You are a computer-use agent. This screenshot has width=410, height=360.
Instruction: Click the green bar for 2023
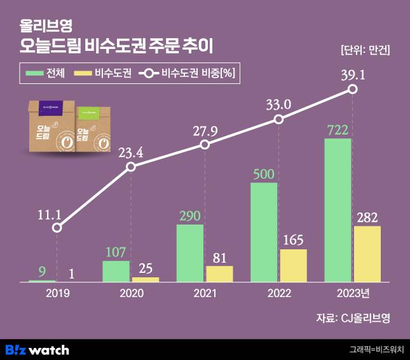point(338,210)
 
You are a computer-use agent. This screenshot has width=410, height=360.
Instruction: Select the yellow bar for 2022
point(293,265)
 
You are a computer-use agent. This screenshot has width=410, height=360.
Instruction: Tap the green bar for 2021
point(189,253)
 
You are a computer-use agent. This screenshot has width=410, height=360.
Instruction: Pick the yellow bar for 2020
point(146,279)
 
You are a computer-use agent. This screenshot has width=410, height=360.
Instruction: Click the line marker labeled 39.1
point(353,90)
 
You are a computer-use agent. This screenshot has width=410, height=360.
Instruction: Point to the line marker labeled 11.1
point(57,227)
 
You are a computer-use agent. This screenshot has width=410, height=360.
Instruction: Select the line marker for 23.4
point(131,167)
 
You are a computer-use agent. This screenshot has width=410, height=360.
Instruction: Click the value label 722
point(338,129)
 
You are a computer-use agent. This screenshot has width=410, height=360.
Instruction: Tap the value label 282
point(367,217)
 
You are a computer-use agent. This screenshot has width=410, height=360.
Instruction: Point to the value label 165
point(293,240)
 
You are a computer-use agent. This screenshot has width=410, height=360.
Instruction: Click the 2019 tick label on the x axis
point(57,294)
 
